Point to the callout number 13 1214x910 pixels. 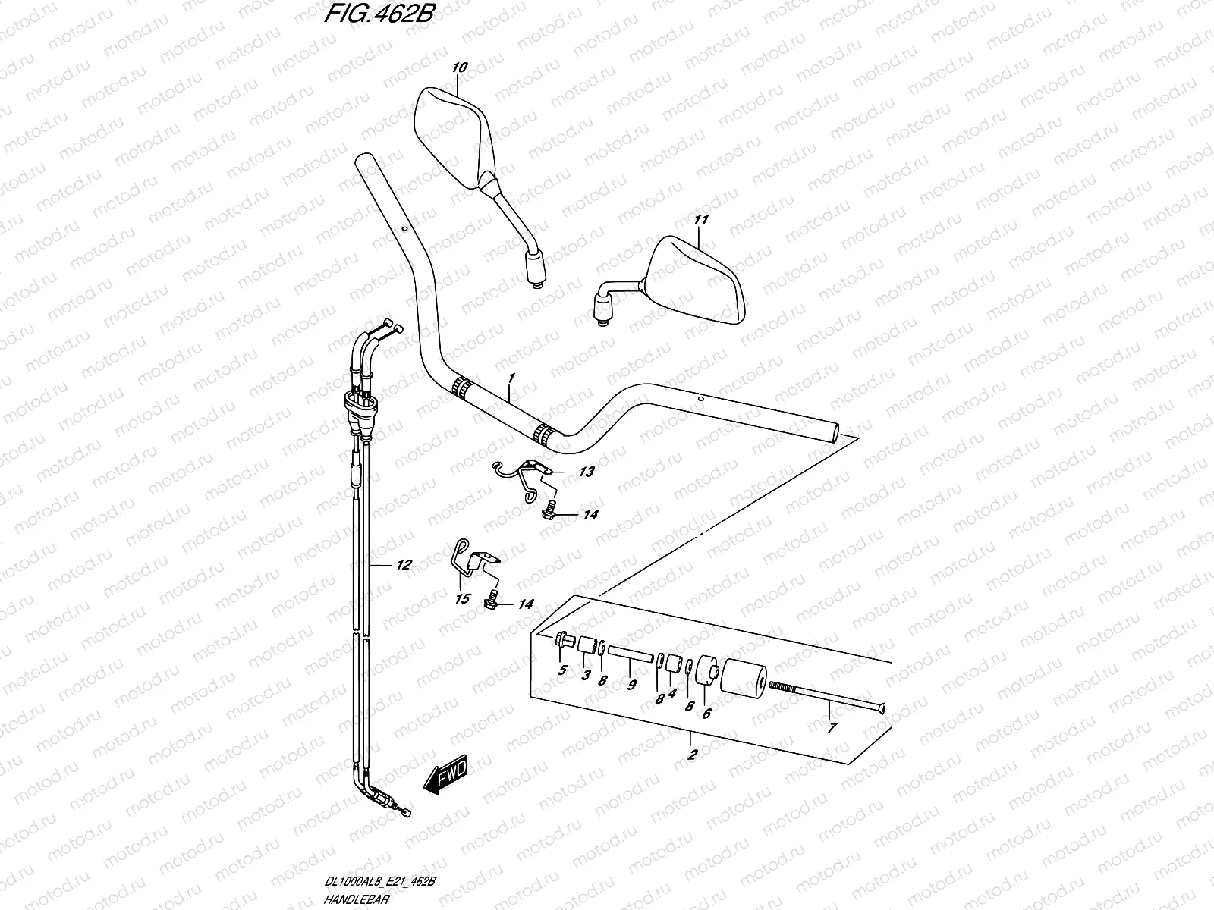pyautogui.click(x=586, y=472)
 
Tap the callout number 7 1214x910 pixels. pyautogui.click(x=831, y=728)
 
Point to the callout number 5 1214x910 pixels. pyautogui.click(x=562, y=670)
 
